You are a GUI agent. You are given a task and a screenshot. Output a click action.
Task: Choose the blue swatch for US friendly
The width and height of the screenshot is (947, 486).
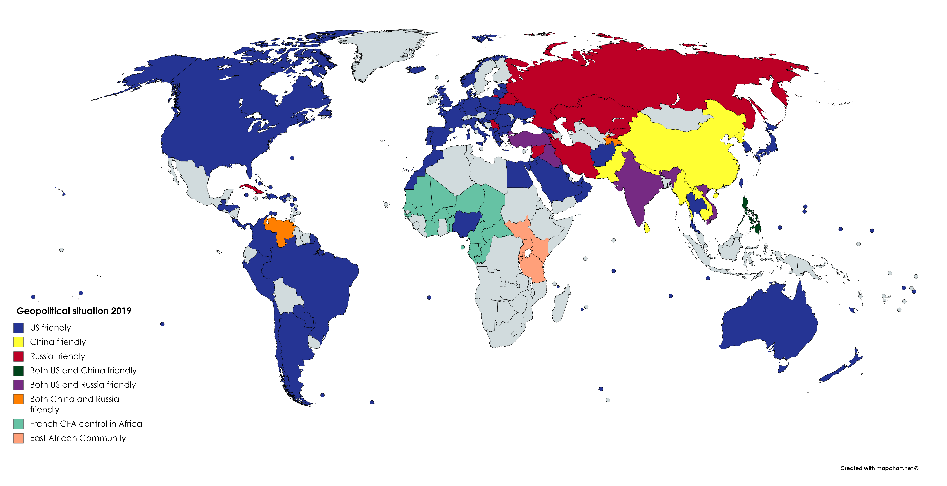[x=18, y=328]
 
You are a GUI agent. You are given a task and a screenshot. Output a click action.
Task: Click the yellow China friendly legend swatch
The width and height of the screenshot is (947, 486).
[x=18, y=342]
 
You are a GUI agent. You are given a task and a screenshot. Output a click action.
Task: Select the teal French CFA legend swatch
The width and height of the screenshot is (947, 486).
[x=18, y=424]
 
